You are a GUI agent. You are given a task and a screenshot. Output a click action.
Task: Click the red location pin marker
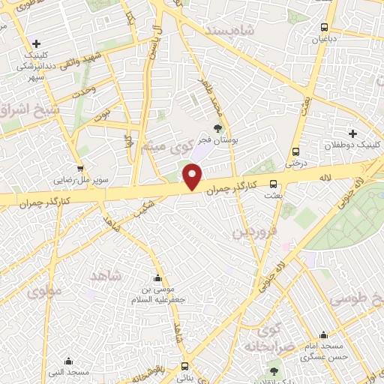pyautogui.click(x=193, y=178)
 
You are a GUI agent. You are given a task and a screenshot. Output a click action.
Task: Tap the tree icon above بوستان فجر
pyautogui.click(x=218, y=127)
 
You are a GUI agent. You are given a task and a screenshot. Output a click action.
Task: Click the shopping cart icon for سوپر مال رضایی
pyautogui.click(x=80, y=169)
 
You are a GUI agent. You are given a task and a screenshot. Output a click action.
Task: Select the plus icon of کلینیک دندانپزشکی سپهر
pyautogui.click(x=35, y=44)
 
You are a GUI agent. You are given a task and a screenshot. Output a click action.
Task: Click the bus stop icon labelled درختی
pyautogui.click(x=296, y=150)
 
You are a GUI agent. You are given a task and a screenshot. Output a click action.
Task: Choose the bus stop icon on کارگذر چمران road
pyautogui.click(x=273, y=183)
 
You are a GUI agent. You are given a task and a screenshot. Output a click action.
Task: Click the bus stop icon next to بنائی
pyautogui.click(x=184, y=366)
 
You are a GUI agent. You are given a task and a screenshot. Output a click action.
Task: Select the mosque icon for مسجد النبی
pyautogui.click(x=68, y=361)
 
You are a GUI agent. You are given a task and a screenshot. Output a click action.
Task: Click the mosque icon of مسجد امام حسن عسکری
pyautogui.click(x=323, y=334)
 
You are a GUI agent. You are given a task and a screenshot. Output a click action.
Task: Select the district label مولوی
pyautogui.click(x=44, y=292)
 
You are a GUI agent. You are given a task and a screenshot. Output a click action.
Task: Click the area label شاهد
pyautogui.click(x=106, y=277)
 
